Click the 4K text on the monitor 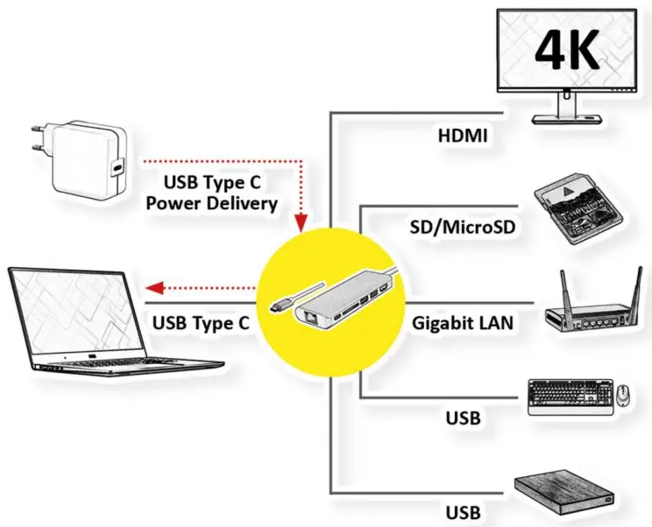point(568,52)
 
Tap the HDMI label point(464,136)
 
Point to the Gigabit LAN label point(462,323)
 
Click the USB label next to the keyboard point(462,418)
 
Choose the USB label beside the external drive point(462,509)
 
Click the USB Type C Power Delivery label point(211,193)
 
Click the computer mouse point(621,397)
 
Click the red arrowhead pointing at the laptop point(153,286)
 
